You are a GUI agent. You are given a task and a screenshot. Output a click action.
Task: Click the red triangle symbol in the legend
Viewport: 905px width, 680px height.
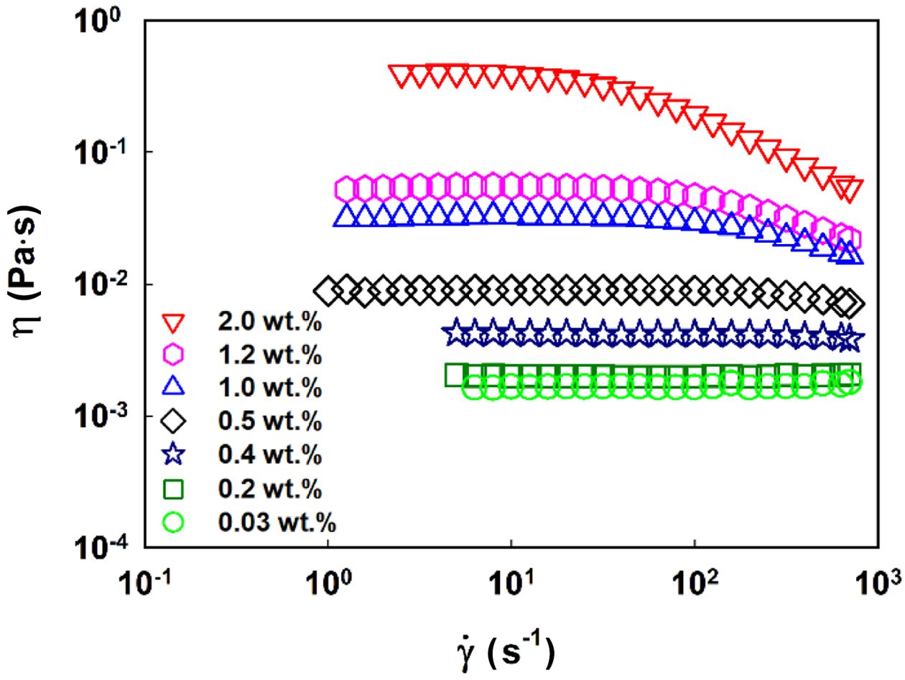pyautogui.click(x=175, y=324)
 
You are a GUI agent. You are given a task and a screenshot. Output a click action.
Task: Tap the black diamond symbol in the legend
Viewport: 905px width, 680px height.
pyautogui.click(x=175, y=422)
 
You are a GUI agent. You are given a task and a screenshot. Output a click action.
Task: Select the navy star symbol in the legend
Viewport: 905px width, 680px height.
pyautogui.click(x=175, y=455)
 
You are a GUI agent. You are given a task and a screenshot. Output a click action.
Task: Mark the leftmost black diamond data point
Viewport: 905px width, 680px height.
pyautogui.click(x=328, y=290)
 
